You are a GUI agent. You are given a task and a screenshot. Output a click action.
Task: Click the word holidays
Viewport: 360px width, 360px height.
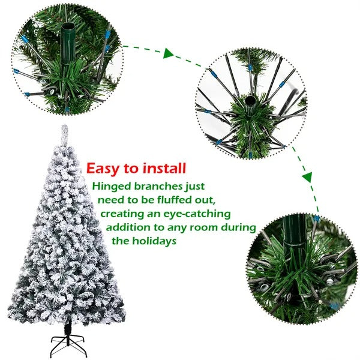point(153,241)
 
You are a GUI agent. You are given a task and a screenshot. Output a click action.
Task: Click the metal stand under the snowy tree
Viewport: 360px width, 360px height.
point(67,344)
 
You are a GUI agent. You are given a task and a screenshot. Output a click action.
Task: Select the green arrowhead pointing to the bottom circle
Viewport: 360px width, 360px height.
point(307,178)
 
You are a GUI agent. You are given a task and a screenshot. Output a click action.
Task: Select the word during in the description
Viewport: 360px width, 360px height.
point(240,227)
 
